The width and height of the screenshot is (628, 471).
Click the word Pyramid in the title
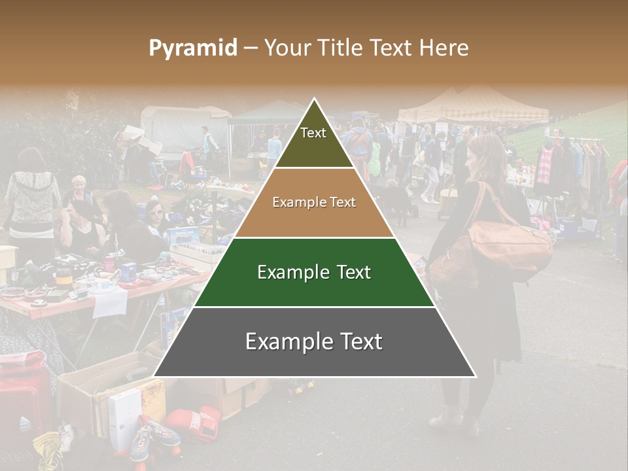point(193,48)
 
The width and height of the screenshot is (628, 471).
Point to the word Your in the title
point(285,48)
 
